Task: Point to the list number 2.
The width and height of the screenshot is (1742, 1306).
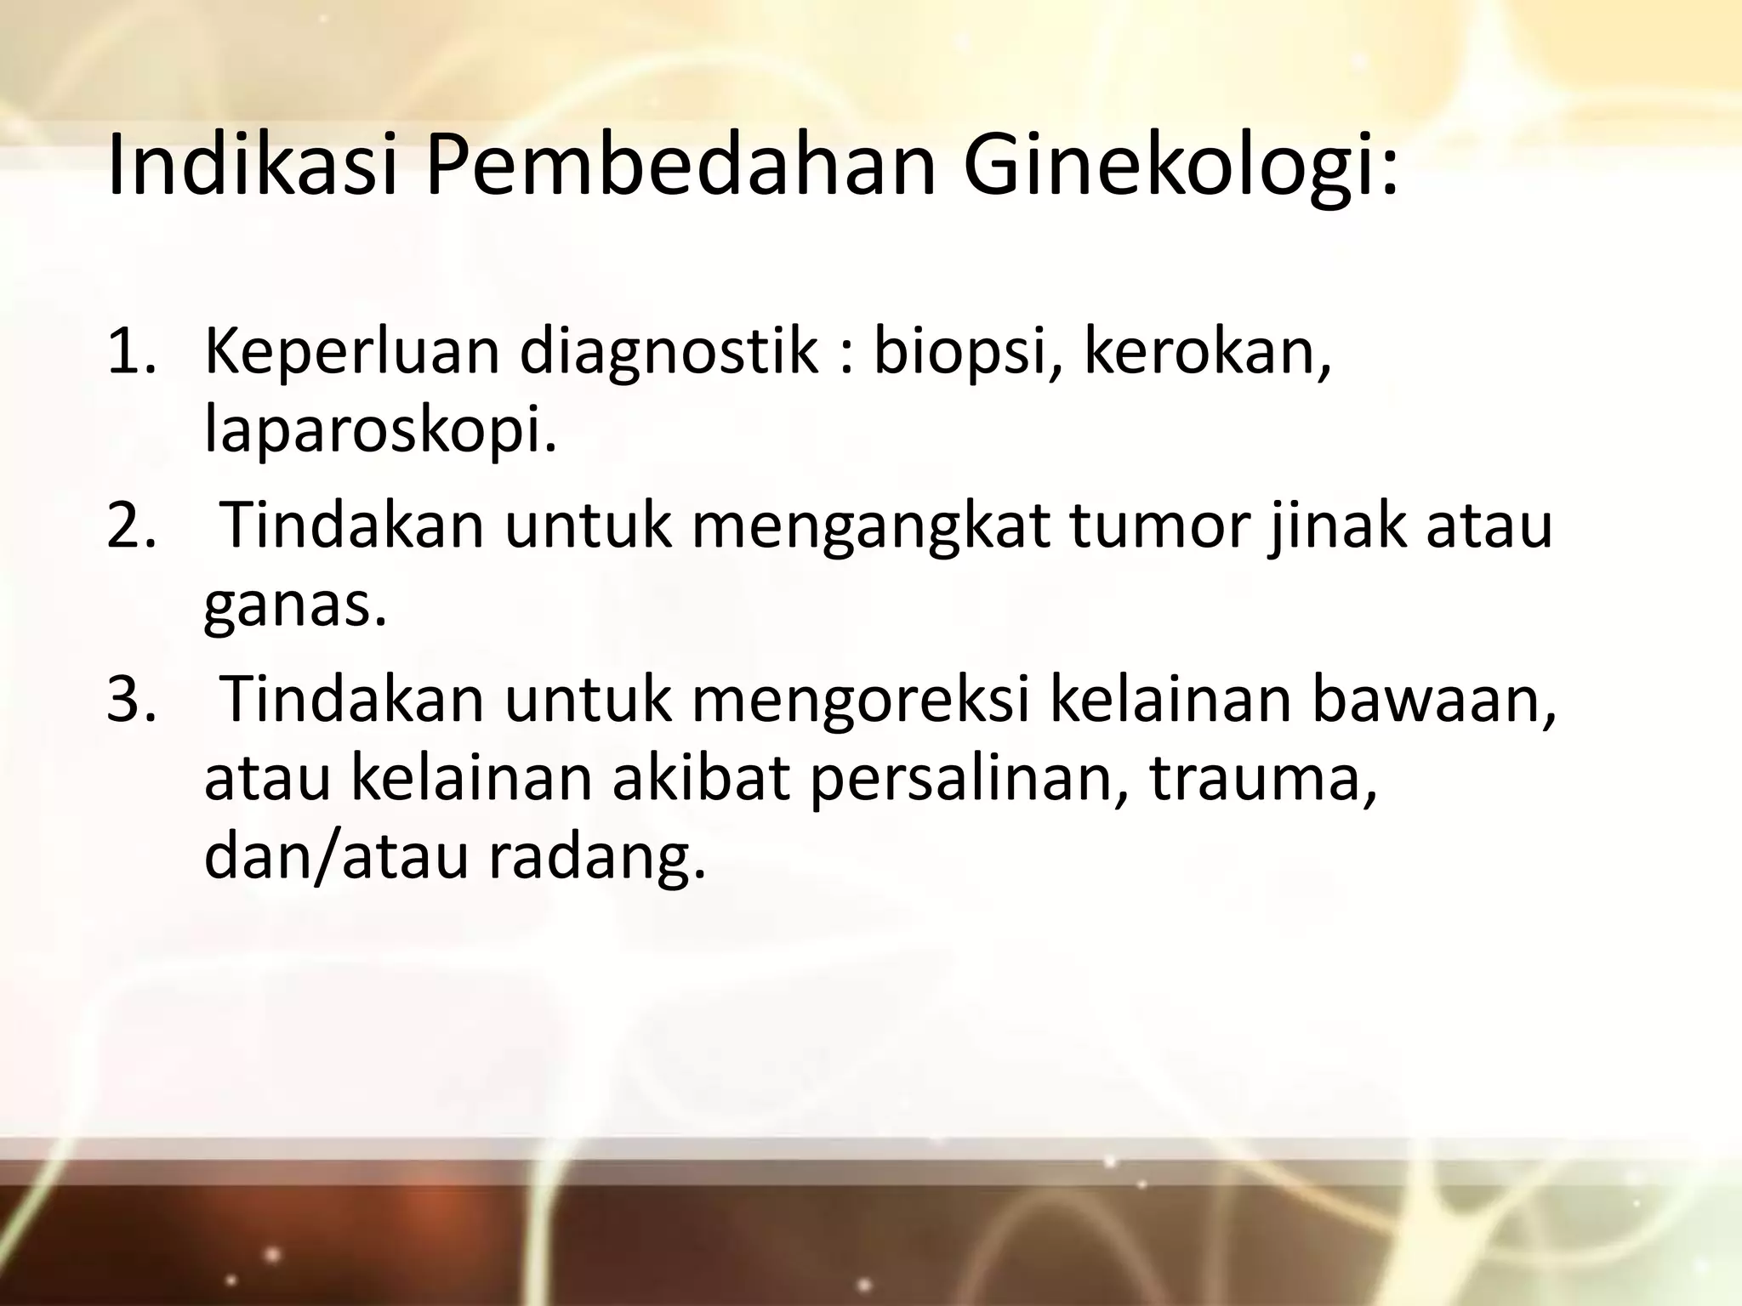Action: pyautogui.click(x=131, y=525)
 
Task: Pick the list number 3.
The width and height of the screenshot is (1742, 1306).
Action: pyautogui.click(x=131, y=699)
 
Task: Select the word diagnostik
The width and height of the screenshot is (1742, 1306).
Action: pyautogui.click(x=667, y=353)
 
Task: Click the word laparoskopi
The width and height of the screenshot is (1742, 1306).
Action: pyautogui.click(x=379, y=434)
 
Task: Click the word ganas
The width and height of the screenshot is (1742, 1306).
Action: pyautogui.click(x=294, y=607)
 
